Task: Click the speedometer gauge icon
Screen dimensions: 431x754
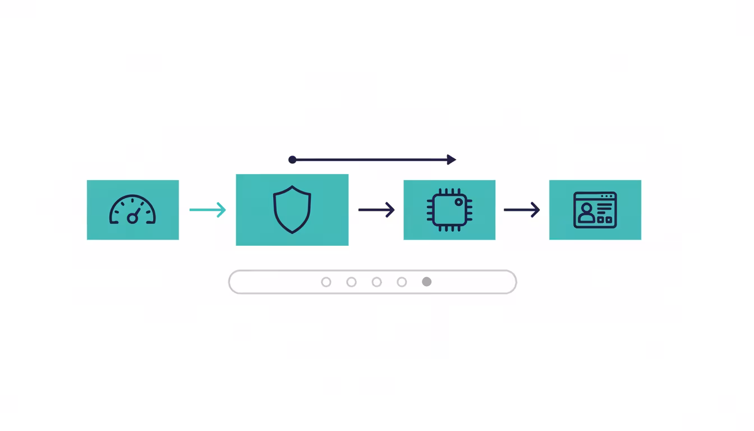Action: click(132, 210)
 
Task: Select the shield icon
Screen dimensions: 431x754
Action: click(292, 210)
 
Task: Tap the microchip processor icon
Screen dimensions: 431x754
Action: click(449, 210)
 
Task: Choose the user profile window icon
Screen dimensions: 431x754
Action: click(595, 210)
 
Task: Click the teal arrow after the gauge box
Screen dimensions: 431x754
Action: click(208, 210)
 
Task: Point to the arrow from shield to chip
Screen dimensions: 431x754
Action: click(376, 210)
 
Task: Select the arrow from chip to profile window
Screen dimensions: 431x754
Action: click(522, 210)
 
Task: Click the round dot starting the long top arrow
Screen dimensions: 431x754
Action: click(292, 160)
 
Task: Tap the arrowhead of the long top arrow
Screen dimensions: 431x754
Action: click(452, 160)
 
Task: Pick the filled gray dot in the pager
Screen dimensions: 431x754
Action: click(427, 282)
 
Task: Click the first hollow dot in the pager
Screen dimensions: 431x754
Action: click(326, 282)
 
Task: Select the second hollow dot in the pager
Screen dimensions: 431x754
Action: click(351, 282)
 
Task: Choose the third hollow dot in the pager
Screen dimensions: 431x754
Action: click(376, 282)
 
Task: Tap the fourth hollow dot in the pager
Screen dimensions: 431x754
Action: click(402, 282)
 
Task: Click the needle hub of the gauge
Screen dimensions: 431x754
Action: click(132, 218)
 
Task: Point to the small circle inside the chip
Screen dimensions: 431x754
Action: click(459, 201)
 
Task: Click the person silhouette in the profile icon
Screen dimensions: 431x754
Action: click(586, 212)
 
